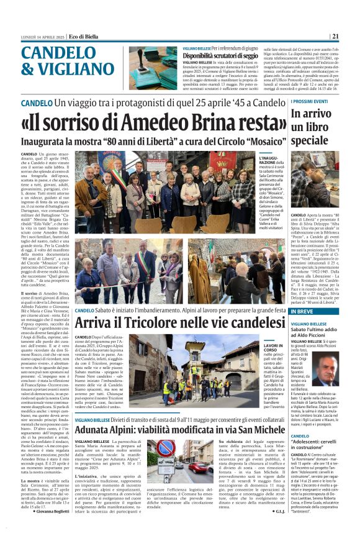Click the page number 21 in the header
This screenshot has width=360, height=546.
tap(352, 35)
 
